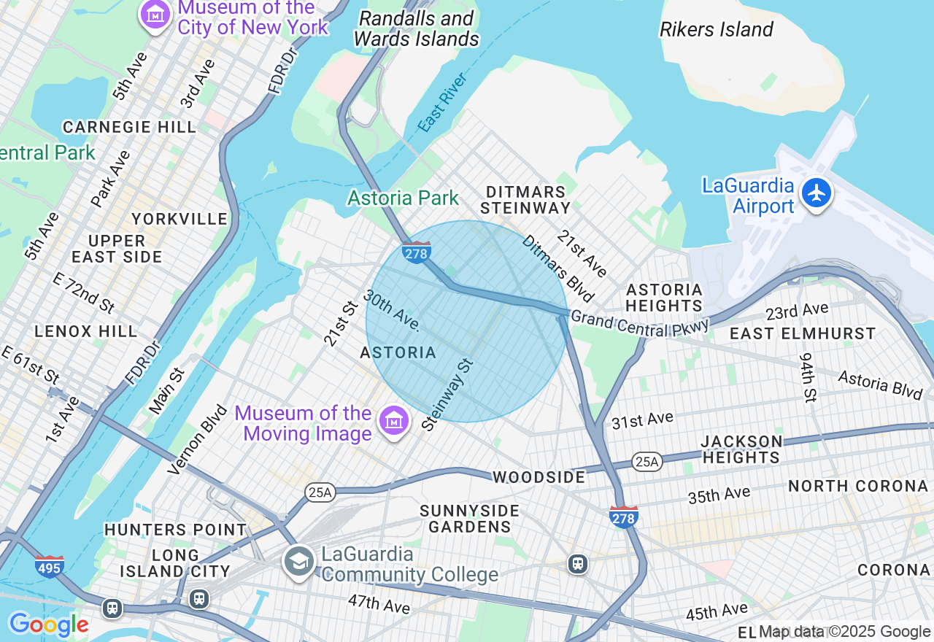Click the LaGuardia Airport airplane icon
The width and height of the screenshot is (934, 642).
pyautogui.click(x=816, y=194)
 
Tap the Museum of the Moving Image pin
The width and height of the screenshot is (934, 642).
pyautogui.click(x=393, y=421)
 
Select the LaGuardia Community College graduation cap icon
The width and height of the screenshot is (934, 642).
pyautogui.click(x=299, y=562)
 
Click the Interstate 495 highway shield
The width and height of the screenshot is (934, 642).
pyautogui.click(x=49, y=566)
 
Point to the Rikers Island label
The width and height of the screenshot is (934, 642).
pyautogui.click(x=716, y=30)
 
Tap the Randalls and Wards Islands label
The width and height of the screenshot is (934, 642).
pyautogui.click(x=417, y=28)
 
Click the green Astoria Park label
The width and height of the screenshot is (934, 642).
pyautogui.click(x=403, y=198)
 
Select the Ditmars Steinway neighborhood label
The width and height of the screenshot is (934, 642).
pyautogui.click(x=526, y=200)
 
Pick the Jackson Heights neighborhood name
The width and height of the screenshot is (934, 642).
pyautogui.click(x=741, y=449)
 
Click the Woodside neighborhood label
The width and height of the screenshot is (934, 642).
pyautogui.click(x=539, y=477)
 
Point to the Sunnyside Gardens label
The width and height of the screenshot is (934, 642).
pyautogui.click(x=469, y=519)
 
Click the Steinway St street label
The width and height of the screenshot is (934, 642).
pyautogui.click(x=448, y=394)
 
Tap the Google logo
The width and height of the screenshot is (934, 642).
pyautogui.click(x=49, y=624)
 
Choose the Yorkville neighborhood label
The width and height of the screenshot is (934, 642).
pyautogui.click(x=179, y=219)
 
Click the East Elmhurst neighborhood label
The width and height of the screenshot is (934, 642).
pyautogui.click(x=803, y=334)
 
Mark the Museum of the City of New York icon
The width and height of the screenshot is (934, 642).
pyautogui.click(x=155, y=14)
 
